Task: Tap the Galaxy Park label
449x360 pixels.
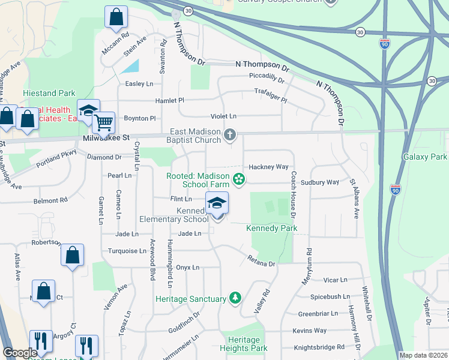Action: [x=425, y=157]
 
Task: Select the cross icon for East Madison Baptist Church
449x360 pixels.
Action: [x=230, y=136]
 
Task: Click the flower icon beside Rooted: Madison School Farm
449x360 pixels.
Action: [x=239, y=179]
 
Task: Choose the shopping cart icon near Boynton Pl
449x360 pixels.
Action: [x=104, y=123]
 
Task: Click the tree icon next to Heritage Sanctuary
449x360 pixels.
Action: [x=236, y=298]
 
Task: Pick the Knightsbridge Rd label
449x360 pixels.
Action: [x=319, y=347]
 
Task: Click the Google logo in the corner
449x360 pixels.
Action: [x=20, y=353]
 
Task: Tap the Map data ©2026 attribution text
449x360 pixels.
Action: [x=424, y=355]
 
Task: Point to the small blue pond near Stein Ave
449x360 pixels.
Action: [x=132, y=66]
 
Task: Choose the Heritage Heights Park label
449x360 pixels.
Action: [x=244, y=344]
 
